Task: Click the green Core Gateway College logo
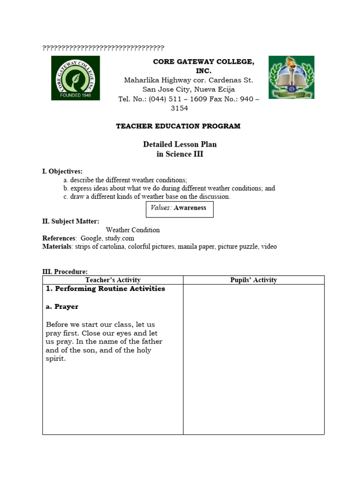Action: pyautogui.click(x=75, y=78)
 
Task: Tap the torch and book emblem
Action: pyautogui.click(x=291, y=77)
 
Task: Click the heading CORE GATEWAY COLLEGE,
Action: pyautogui.click(x=203, y=62)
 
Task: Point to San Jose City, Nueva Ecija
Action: pyautogui.click(x=188, y=89)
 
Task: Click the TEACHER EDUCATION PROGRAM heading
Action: pyautogui.click(x=178, y=126)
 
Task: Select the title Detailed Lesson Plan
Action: pyautogui.click(x=180, y=144)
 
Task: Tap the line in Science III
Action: pyautogui.click(x=180, y=154)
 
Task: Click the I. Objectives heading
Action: pyautogui.click(x=62, y=172)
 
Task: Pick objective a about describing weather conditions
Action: pyautogui.click(x=125, y=180)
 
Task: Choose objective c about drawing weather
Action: pyautogui.click(x=147, y=197)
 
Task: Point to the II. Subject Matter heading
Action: pyautogui.click(x=71, y=221)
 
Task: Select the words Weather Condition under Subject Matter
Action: pyautogui.click(x=133, y=230)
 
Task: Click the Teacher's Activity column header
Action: pyautogui.click(x=112, y=280)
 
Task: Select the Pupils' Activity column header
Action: pyautogui.click(x=253, y=280)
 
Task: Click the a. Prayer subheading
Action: pyautogui.click(x=62, y=307)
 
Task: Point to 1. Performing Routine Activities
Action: pyautogui.click(x=105, y=289)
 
